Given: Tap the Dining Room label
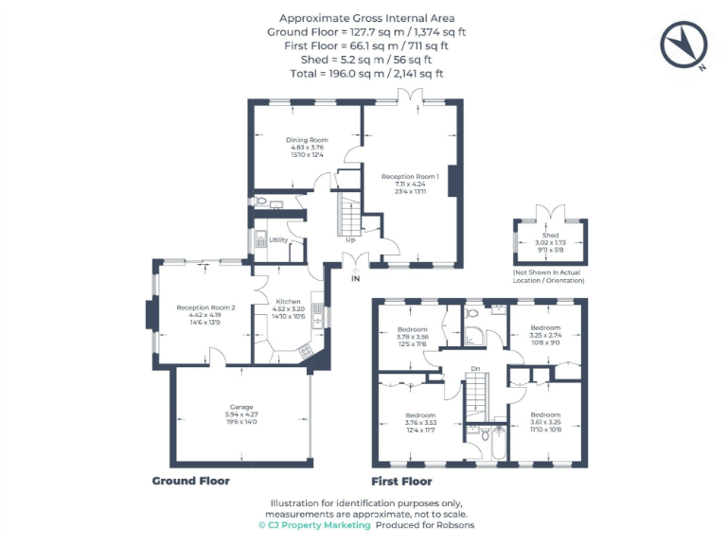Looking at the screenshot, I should (307, 140).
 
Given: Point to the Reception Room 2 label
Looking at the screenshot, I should (205, 307).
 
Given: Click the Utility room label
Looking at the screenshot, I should (278, 239).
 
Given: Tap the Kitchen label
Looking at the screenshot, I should (288, 302).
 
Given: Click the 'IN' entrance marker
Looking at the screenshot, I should (356, 279).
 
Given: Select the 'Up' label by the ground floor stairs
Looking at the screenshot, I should (350, 239).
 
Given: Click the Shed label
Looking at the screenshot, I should (550, 235).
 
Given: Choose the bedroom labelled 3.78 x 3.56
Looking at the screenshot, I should (417, 329).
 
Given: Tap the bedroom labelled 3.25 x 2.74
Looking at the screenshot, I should (544, 329).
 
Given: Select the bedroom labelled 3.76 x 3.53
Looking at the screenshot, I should (420, 415).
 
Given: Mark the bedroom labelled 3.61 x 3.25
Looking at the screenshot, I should (544, 415).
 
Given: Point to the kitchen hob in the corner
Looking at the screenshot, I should (305, 351).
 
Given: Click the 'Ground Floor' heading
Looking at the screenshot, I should (191, 481).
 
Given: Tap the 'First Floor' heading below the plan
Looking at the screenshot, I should (401, 481).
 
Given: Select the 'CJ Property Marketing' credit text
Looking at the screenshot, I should (314, 525).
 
